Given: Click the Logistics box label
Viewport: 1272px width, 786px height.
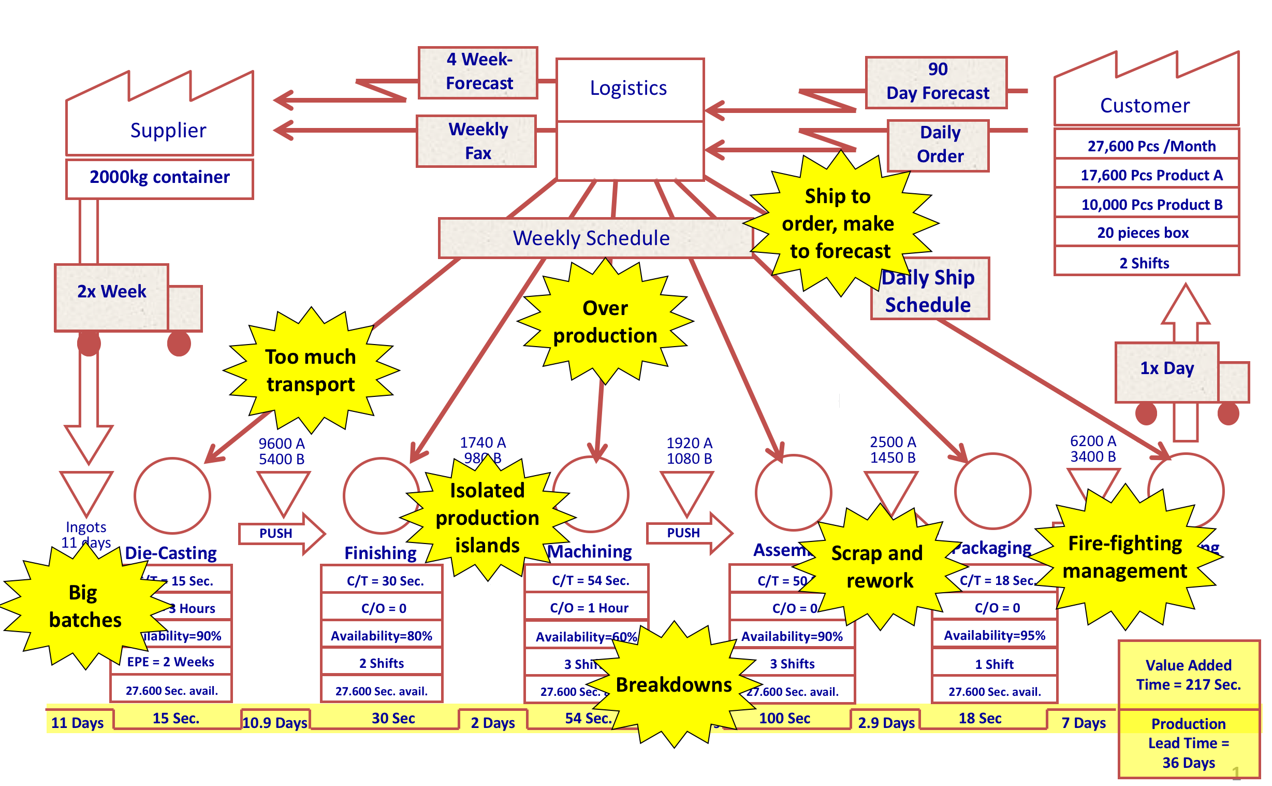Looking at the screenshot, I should coord(629,89).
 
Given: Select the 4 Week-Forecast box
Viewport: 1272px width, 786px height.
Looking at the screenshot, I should coord(478,72).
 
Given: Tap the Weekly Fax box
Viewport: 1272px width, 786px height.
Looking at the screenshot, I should coord(477,141).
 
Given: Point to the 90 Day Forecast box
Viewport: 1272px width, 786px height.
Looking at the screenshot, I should coord(937,82).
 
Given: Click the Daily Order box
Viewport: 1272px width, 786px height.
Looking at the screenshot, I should coord(939,145).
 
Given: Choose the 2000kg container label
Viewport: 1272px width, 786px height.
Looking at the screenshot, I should coord(159,178).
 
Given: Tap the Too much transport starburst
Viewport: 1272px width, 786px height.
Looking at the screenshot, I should coord(311,370).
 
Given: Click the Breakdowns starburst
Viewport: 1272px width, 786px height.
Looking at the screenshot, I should coord(674,684).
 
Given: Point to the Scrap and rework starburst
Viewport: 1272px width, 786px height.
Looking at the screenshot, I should coord(878,567).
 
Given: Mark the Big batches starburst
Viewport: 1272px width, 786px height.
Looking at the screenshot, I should coord(84,606).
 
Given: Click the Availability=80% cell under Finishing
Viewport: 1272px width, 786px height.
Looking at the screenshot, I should coord(381,635).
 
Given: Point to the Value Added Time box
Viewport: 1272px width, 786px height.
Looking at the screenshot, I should coord(1188,675).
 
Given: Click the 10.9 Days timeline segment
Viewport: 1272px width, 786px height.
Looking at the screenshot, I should coord(275,722).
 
